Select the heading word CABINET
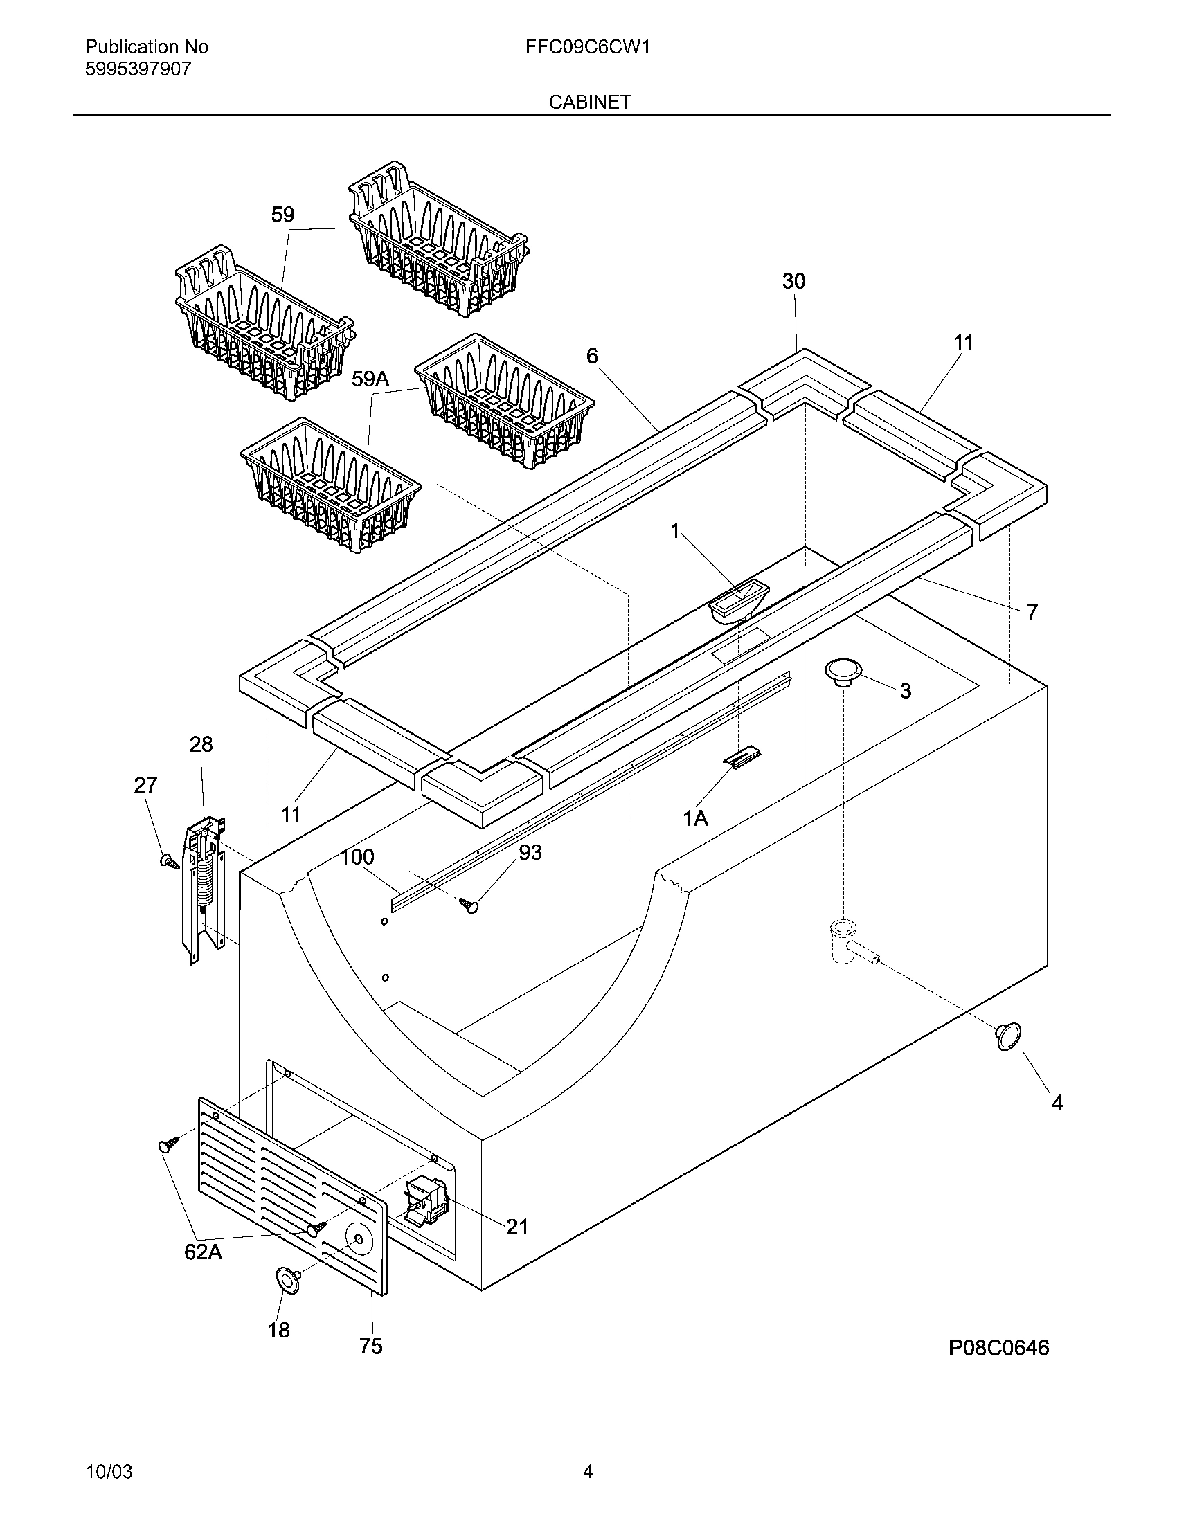(589, 102)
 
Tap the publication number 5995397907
(137, 69)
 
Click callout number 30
(793, 281)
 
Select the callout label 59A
(370, 379)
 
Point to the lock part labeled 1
(738, 599)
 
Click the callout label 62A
(203, 1252)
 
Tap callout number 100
(357, 857)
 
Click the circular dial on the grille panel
(359, 1238)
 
